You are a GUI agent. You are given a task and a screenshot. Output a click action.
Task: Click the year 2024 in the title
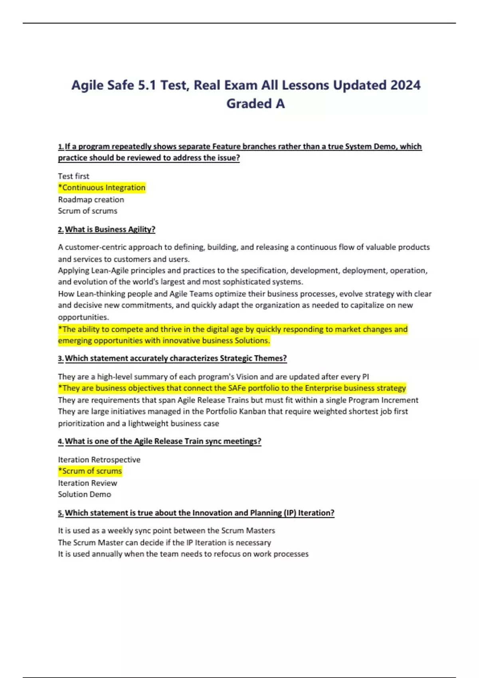pos(405,85)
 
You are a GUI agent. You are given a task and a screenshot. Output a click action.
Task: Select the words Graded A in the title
pos(255,104)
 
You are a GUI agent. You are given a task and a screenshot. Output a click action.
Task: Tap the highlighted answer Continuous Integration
pos(102,187)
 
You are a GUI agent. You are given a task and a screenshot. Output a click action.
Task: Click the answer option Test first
pos(73,176)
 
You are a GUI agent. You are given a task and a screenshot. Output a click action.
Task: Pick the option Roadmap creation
pos(91,199)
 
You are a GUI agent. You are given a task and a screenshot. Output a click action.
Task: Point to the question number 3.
pos(60,359)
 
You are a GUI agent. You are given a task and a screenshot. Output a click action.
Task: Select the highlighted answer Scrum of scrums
pos(90,471)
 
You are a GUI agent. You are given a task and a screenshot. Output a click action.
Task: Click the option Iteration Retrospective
pos(99,459)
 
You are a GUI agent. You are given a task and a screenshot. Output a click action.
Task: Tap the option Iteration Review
pos(87,483)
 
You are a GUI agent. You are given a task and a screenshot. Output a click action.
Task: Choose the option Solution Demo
pos(84,494)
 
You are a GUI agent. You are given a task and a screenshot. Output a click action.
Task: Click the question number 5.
pos(60,513)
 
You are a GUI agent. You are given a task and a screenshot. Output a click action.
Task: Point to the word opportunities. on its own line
pos(83,317)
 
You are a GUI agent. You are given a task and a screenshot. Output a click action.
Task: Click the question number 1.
pos(60,146)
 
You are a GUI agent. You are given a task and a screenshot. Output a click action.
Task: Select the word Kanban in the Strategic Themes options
pos(253,411)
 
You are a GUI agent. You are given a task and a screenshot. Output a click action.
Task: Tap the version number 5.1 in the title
pos(146,85)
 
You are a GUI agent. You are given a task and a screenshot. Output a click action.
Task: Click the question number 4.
pos(60,441)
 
